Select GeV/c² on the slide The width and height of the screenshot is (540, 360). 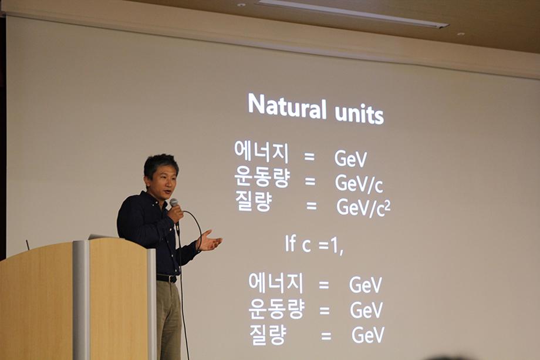[363, 208]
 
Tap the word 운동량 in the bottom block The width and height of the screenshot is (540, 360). [276, 309]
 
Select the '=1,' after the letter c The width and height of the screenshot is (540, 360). [331, 246]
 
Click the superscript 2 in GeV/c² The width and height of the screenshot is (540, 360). [388, 204]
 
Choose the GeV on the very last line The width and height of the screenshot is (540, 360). [368, 335]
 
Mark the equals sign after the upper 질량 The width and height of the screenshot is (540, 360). [312, 206]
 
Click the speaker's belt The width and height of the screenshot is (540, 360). [167, 278]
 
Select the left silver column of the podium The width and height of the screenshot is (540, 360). [81, 300]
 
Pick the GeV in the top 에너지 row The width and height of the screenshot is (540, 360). [350, 159]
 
